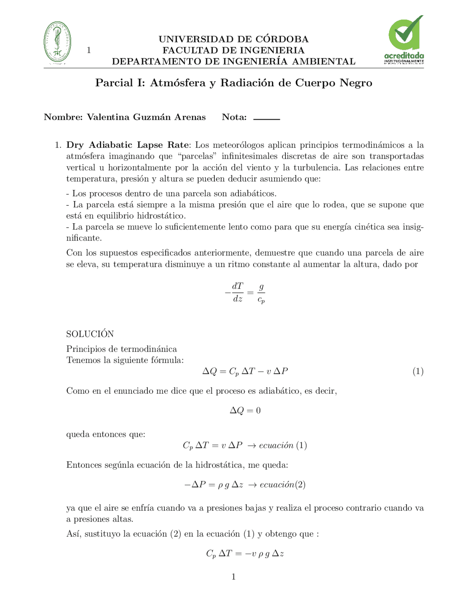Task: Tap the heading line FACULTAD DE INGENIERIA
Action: coord(233,50)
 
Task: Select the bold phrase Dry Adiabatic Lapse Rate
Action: coord(128,145)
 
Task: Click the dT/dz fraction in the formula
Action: coord(237,293)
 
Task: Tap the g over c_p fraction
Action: coord(261,293)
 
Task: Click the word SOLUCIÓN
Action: coord(90,334)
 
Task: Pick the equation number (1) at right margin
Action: coord(418,371)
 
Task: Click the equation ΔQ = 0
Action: coord(245,410)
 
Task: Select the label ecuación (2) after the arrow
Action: coord(282,484)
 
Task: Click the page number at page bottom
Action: coord(233,577)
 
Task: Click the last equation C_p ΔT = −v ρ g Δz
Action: coord(245,553)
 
